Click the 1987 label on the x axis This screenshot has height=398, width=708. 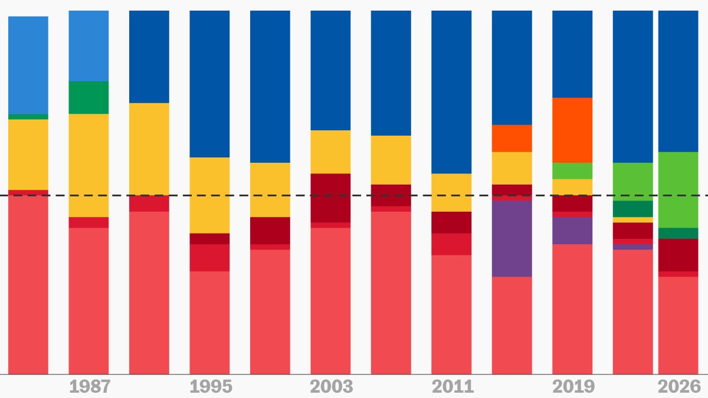coord(90,387)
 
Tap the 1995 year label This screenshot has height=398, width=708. coord(211,387)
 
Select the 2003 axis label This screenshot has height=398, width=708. coord(331,387)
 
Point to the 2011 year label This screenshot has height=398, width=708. coord(453,387)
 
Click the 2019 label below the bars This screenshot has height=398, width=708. coord(573,387)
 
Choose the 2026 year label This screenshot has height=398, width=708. coord(678,387)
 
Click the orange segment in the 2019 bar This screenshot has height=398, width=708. coord(572,130)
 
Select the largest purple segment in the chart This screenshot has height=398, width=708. coord(512,238)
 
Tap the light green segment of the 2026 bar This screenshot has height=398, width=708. coord(678,189)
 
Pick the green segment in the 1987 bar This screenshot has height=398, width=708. coord(88,97)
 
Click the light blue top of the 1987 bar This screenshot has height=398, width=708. coord(88,45)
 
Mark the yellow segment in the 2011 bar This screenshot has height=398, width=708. coord(451,192)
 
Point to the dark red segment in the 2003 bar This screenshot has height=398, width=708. coord(330,198)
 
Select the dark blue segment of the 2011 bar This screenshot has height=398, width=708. coord(451,91)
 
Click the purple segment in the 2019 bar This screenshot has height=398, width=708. coord(572,230)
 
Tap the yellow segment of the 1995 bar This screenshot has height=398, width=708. coord(209,195)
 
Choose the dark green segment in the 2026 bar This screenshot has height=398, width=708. coord(678,233)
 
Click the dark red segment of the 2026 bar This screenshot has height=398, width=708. coord(678,255)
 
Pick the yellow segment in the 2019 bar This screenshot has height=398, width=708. coord(572,186)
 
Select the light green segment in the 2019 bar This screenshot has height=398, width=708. coord(572,170)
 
